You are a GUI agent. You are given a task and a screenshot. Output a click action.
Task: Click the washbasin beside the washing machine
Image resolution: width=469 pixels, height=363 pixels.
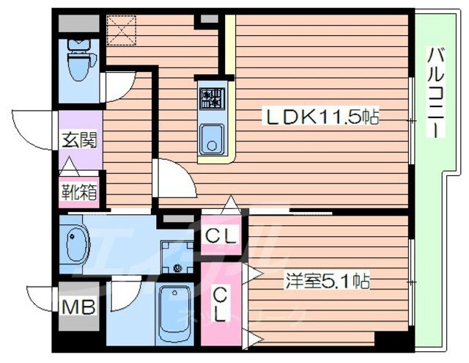(75, 243)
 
